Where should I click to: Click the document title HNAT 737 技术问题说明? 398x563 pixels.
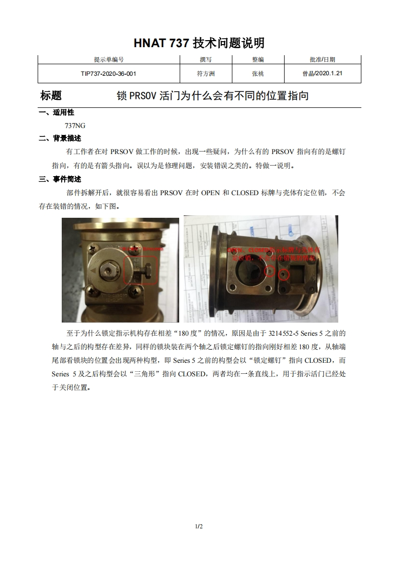(199, 43)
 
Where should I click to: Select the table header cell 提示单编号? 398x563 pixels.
(108, 60)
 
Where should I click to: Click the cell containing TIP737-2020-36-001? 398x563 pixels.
(108, 73)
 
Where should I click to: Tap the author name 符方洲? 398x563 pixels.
(205, 73)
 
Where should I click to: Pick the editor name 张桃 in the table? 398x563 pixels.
(257, 73)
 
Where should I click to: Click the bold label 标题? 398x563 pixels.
(51, 96)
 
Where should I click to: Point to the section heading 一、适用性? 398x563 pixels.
(56, 112)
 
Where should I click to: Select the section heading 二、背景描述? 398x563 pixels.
(60, 138)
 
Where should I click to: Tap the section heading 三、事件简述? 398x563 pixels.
(60, 179)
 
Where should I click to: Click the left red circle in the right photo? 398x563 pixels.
(270, 271)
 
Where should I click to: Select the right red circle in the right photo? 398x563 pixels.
(284, 274)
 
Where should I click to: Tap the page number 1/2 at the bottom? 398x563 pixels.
(199, 526)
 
